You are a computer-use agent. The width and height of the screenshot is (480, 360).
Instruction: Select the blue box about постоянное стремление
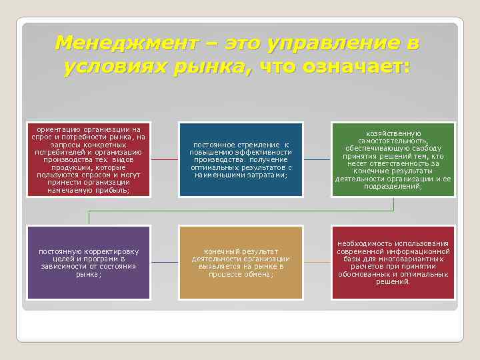pyautogui.click(x=241, y=159)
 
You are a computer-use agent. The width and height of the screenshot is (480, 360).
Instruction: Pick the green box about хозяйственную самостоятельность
pyautogui.click(x=393, y=159)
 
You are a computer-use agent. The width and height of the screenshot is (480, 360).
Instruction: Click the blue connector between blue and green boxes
pyautogui.click(x=317, y=159)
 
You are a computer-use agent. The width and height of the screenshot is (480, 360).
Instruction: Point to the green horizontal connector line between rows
pyautogui.click(x=240, y=211)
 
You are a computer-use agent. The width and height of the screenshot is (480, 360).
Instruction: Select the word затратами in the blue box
pyautogui.click(x=264, y=175)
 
